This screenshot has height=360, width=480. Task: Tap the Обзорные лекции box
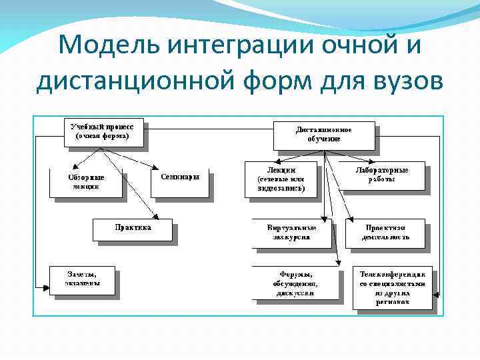point(86,182)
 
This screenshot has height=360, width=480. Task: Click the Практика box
point(133,229)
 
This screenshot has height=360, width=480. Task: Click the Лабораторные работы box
point(381,175)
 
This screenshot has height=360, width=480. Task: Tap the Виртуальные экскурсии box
point(291,232)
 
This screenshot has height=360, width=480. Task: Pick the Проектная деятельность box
point(385,232)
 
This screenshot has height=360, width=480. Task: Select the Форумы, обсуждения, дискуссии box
point(297,283)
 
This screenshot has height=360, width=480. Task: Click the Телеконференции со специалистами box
point(393,287)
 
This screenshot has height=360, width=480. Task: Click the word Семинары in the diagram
point(180,177)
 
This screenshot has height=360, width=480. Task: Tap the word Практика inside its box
point(133,227)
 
